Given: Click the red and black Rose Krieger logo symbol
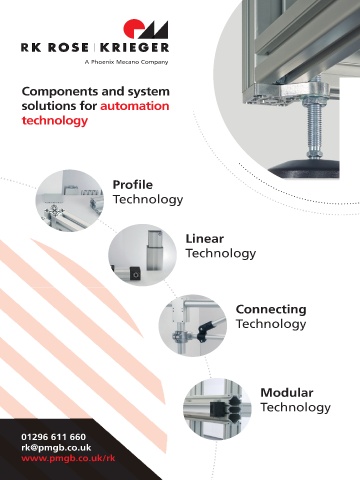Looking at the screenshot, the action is coord(146,29).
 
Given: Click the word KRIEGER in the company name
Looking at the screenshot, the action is coord(134,47).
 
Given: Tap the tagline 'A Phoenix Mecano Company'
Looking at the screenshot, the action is coord(126,62).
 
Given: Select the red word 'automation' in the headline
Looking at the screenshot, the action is coord(135,106).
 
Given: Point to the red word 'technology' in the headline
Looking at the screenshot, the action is coord(55,121).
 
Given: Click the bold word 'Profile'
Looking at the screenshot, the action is coord(133,184).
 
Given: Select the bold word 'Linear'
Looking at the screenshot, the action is coord(204,239).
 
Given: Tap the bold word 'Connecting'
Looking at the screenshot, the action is coord(271,310).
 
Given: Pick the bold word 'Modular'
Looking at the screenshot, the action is coord(287,393).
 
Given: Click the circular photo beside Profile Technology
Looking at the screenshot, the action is coord(70,200).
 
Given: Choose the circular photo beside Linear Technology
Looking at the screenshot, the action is coord(142,255).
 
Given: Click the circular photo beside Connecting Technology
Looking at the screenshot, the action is coord(193,325).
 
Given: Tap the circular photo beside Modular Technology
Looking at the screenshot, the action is coord(217,409).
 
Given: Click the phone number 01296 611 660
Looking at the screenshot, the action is coord(54,437).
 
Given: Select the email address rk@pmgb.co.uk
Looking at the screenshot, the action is coord(56,448).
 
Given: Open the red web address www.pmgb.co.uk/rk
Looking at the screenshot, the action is coord(68,458).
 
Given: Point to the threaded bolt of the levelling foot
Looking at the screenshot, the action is coord(314,128).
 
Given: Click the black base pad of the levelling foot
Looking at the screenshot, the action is coord(304,169).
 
